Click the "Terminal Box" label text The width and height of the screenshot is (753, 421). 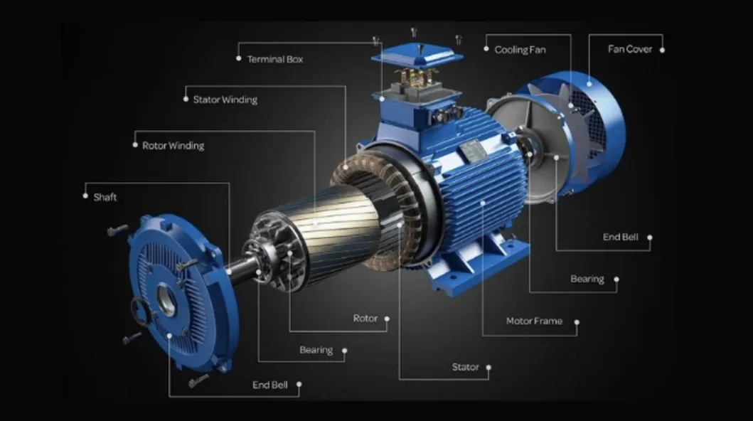click(x=274, y=60)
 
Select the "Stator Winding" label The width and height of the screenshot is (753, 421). click(x=225, y=100)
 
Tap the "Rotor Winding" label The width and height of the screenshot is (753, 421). click(x=173, y=146)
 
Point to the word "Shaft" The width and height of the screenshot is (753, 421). click(x=105, y=197)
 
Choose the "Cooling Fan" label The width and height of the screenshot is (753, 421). click(x=520, y=50)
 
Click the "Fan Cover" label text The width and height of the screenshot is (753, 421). click(x=630, y=49)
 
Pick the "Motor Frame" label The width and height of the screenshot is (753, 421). click(x=534, y=321)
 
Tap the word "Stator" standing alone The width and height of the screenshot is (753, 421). click(x=465, y=367)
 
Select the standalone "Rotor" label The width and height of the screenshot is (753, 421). click(x=365, y=319)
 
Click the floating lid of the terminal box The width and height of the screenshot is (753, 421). click(x=417, y=55)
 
